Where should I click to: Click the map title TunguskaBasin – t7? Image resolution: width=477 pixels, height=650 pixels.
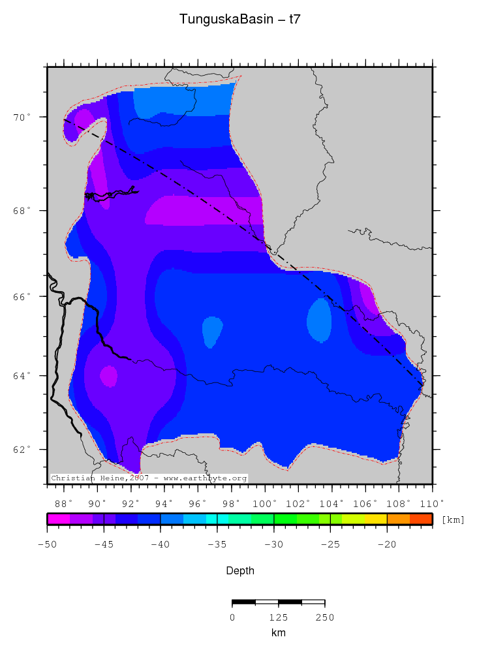[239, 20]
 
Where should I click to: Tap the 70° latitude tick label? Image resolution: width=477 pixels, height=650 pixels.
[24, 117]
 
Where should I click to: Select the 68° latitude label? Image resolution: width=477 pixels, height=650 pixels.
[24, 211]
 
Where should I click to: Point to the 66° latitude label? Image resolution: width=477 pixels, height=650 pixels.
[24, 296]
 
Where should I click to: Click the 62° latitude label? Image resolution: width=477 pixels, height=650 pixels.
[24, 450]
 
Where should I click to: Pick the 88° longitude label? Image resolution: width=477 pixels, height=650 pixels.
[64, 503]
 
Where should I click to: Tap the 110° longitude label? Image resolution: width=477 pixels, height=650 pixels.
[432, 503]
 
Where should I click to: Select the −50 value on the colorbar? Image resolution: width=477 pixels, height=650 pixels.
[46, 544]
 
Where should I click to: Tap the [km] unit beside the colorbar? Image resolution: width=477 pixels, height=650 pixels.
[453, 520]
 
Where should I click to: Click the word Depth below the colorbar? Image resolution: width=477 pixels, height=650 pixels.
[239, 571]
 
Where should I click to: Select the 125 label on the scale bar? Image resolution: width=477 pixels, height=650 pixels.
[278, 617]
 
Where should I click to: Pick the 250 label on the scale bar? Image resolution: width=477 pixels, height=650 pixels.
[324, 617]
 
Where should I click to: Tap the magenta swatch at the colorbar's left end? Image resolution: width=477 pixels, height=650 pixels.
[58, 519]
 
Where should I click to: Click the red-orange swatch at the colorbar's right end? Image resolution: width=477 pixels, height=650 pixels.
[421, 519]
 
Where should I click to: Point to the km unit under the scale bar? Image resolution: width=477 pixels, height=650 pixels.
[278, 632]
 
